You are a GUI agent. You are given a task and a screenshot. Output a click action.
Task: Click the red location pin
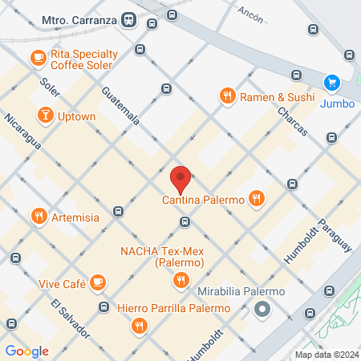coord(180,178)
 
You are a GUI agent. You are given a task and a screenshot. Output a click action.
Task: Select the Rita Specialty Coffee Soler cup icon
coord(38,57)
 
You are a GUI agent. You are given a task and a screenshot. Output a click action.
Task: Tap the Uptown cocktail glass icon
coord(46,116)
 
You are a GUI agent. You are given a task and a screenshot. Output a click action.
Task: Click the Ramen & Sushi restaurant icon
coord(228,97)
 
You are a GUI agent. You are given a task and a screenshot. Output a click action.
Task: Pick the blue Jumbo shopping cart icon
coord(330,82)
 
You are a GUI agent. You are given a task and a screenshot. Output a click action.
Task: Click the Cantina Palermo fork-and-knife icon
coord(256,198)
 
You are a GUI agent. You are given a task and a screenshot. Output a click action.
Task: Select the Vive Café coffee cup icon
coord(98,282)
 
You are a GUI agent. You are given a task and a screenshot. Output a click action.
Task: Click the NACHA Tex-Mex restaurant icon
coord(181,280)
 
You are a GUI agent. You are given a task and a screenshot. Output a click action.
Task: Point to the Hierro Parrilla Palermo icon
coord(140,325)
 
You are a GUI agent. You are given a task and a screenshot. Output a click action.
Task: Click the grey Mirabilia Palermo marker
coord(262,309)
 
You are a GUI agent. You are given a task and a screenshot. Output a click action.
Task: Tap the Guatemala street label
coord(121,106)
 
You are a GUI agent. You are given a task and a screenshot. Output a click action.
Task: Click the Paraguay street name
coord(336,236)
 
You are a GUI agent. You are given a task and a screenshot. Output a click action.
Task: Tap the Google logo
coord(26,351)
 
